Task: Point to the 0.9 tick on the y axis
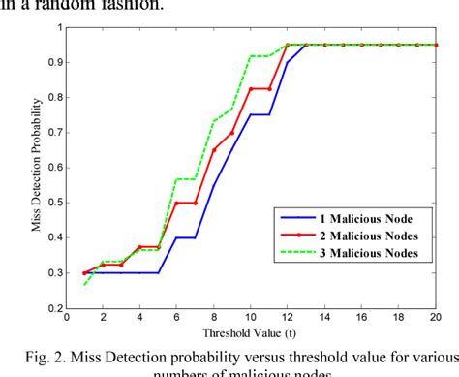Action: click(x=56, y=62)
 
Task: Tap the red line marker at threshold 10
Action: click(x=251, y=89)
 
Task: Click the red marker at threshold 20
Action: click(x=434, y=45)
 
